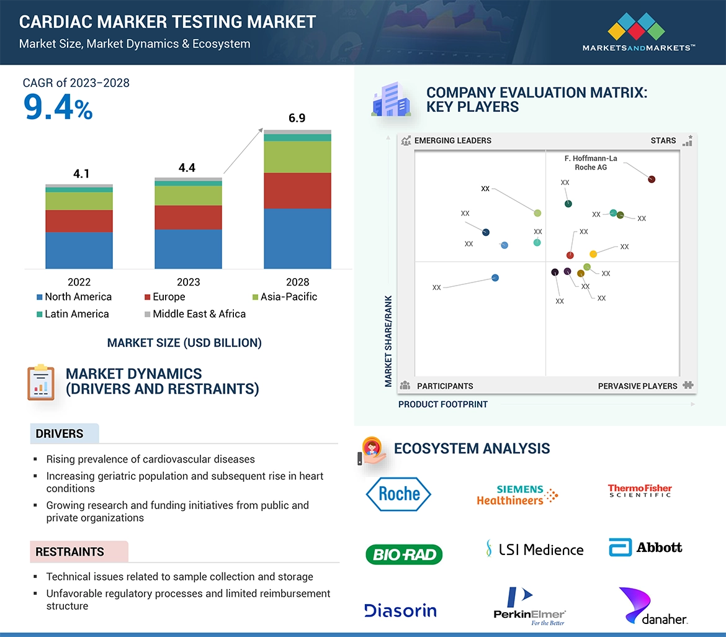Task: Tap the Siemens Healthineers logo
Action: point(517,495)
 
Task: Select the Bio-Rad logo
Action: point(404,554)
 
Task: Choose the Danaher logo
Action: point(652,606)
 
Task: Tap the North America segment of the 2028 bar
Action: point(297,238)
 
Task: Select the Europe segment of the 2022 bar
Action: point(79,221)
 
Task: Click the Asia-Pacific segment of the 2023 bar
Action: point(188,196)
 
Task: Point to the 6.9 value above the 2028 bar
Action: point(297,118)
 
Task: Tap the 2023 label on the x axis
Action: point(188,282)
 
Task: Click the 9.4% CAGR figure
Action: point(58,107)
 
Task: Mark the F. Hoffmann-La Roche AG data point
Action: point(652,179)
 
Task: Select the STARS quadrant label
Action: point(663,141)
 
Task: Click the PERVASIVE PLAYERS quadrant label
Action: point(637,386)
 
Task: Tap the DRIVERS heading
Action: point(60,434)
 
